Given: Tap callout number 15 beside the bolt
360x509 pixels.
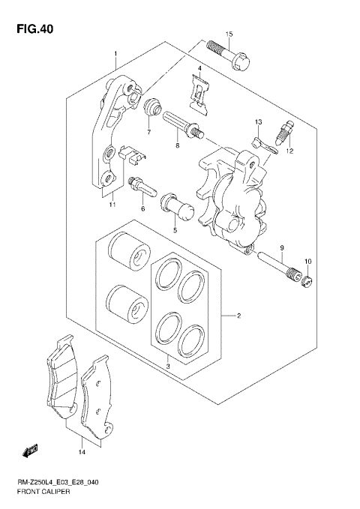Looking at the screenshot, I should (x=230, y=34).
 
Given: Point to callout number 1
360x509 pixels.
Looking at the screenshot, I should (x=116, y=54).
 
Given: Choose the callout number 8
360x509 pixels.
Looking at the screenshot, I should (x=148, y=133).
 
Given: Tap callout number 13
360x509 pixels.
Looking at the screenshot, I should (x=257, y=121).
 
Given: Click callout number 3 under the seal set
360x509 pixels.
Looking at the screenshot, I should (x=168, y=365).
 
